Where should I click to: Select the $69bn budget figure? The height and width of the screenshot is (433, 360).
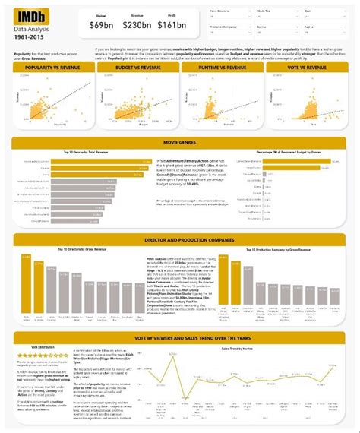pos(100,26)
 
